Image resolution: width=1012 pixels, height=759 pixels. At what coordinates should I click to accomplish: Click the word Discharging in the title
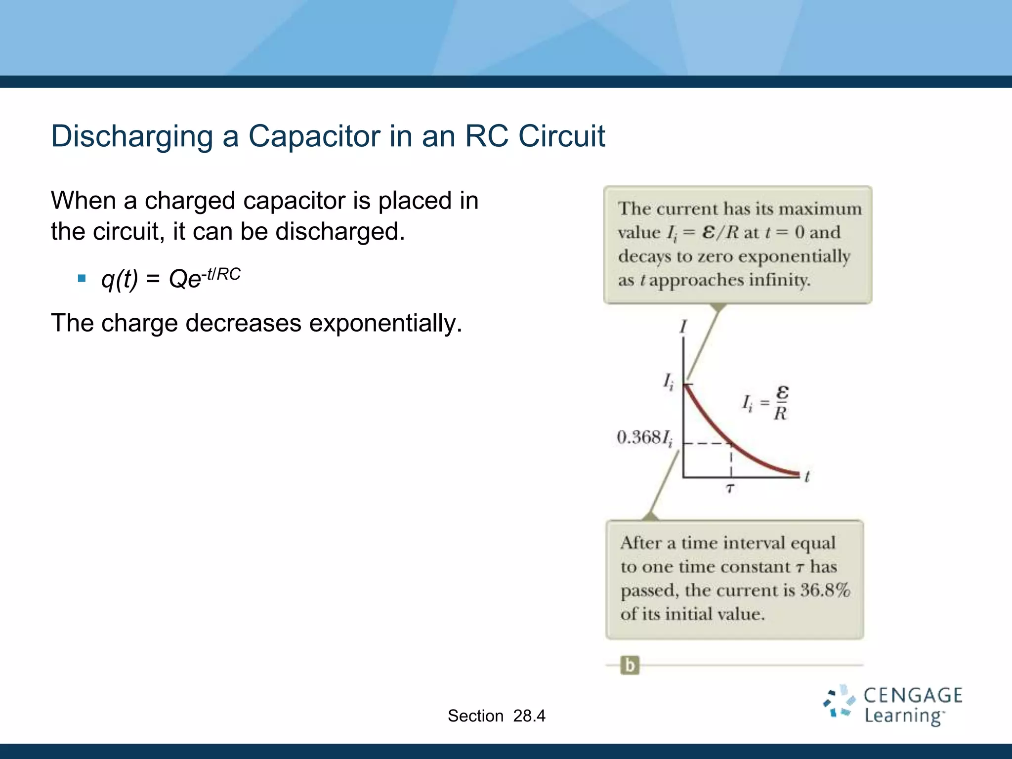[x=132, y=136]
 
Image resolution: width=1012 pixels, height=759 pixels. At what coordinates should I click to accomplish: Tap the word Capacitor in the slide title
[x=314, y=136]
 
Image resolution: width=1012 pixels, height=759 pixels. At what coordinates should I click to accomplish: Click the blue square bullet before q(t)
[x=82, y=279]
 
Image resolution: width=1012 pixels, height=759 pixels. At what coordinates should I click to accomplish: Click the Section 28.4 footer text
[x=496, y=716]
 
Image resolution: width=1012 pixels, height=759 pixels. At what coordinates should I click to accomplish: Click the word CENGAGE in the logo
[x=912, y=695]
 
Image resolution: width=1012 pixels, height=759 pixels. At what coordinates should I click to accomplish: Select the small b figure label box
[x=630, y=665]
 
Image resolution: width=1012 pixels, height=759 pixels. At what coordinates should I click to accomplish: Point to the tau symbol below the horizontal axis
[x=730, y=489]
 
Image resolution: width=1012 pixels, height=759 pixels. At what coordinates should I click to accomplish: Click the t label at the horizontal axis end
[x=806, y=476]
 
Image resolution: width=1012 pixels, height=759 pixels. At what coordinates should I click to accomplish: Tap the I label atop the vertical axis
[x=683, y=327]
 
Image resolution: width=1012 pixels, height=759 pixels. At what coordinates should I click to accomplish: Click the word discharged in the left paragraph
[x=339, y=232]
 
